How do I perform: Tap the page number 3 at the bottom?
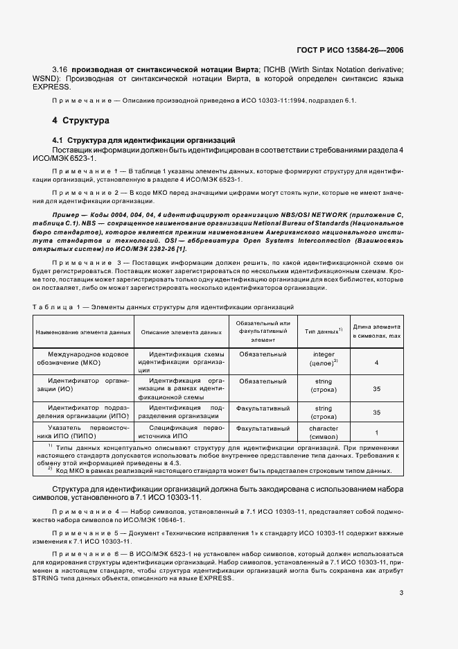[x=401, y=592]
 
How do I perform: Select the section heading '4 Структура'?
[x=81, y=121]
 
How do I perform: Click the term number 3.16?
[x=61, y=70]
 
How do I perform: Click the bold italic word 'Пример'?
[x=68, y=216]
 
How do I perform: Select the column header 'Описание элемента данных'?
[x=182, y=333]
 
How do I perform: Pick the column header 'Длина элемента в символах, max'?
[x=377, y=331]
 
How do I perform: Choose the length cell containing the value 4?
[x=376, y=363]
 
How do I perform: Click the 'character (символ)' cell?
[x=324, y=433]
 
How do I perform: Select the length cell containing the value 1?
[x=376, y=433]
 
